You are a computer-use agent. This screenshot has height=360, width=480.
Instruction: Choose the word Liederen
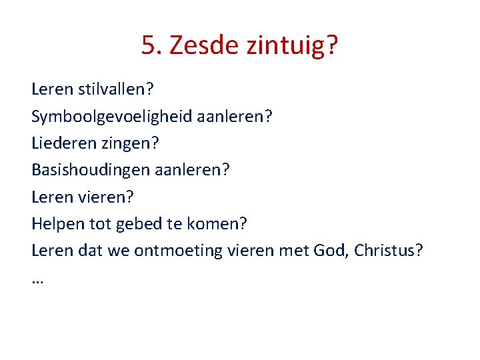coord(60,143)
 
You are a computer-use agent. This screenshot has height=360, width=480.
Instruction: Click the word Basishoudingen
coord(91,171)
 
